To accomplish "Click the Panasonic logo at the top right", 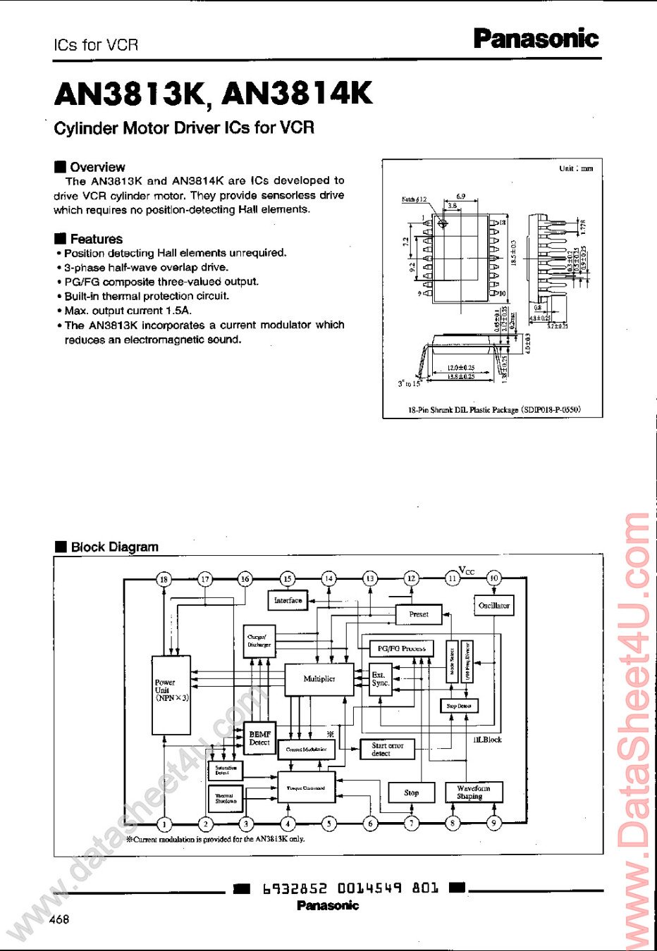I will pos(536,38).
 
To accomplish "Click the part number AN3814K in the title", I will pos(297,93).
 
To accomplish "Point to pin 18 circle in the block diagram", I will pos(164,579).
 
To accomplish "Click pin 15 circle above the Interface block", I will pos(287,579).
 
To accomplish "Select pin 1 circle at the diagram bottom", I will pos(164,823).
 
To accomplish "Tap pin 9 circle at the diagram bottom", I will pos(494,823).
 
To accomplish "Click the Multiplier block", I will pos(319,679).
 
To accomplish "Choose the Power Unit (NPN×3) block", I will pos(171,695).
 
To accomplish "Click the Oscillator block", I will pos(493,606).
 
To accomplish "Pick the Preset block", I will pos(419,614).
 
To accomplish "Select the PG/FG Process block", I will pos(402,648).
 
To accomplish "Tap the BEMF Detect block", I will pos(259,738).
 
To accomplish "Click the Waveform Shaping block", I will pos(473,792).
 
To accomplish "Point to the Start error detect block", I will pos(387,749).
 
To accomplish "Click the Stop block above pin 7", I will pos(411,792).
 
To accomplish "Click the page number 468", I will pos(59,919).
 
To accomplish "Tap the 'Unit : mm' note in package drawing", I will pos(576,168).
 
